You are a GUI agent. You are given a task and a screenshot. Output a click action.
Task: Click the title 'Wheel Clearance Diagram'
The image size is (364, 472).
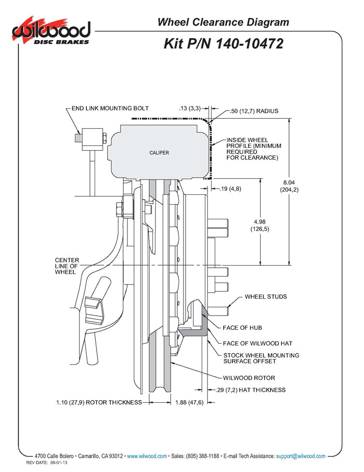coord(223,22)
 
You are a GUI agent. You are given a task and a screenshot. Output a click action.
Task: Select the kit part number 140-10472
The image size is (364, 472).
coord(224,43)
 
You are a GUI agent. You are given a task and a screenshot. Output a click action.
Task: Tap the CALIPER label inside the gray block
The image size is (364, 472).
coord(159,153)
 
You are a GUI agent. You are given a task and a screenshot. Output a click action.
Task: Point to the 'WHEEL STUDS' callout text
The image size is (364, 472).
coord(266,296)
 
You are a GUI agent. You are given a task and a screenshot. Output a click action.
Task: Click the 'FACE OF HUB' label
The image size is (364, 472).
coord(242,328)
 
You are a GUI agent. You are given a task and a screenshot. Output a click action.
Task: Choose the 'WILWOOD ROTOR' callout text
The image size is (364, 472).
coord(249,378)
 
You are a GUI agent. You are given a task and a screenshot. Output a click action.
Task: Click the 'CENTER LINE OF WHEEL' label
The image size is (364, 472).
coord(66,266)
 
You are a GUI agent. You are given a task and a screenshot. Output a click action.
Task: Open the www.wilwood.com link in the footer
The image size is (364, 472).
coord(147,456)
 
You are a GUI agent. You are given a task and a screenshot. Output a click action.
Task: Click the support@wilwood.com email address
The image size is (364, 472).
coord(301,456)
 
